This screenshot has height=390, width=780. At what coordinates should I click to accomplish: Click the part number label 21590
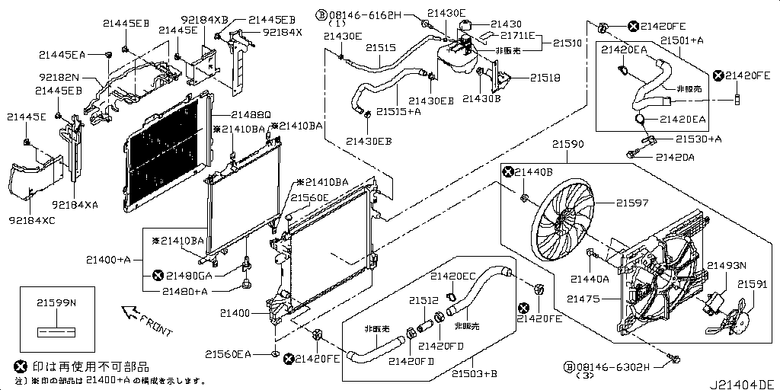567,143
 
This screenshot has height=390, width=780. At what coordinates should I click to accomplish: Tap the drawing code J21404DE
743,382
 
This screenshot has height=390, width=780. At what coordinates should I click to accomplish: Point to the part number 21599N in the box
56,302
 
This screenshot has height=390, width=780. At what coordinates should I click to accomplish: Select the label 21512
424,300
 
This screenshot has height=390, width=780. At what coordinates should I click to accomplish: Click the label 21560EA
228,353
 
